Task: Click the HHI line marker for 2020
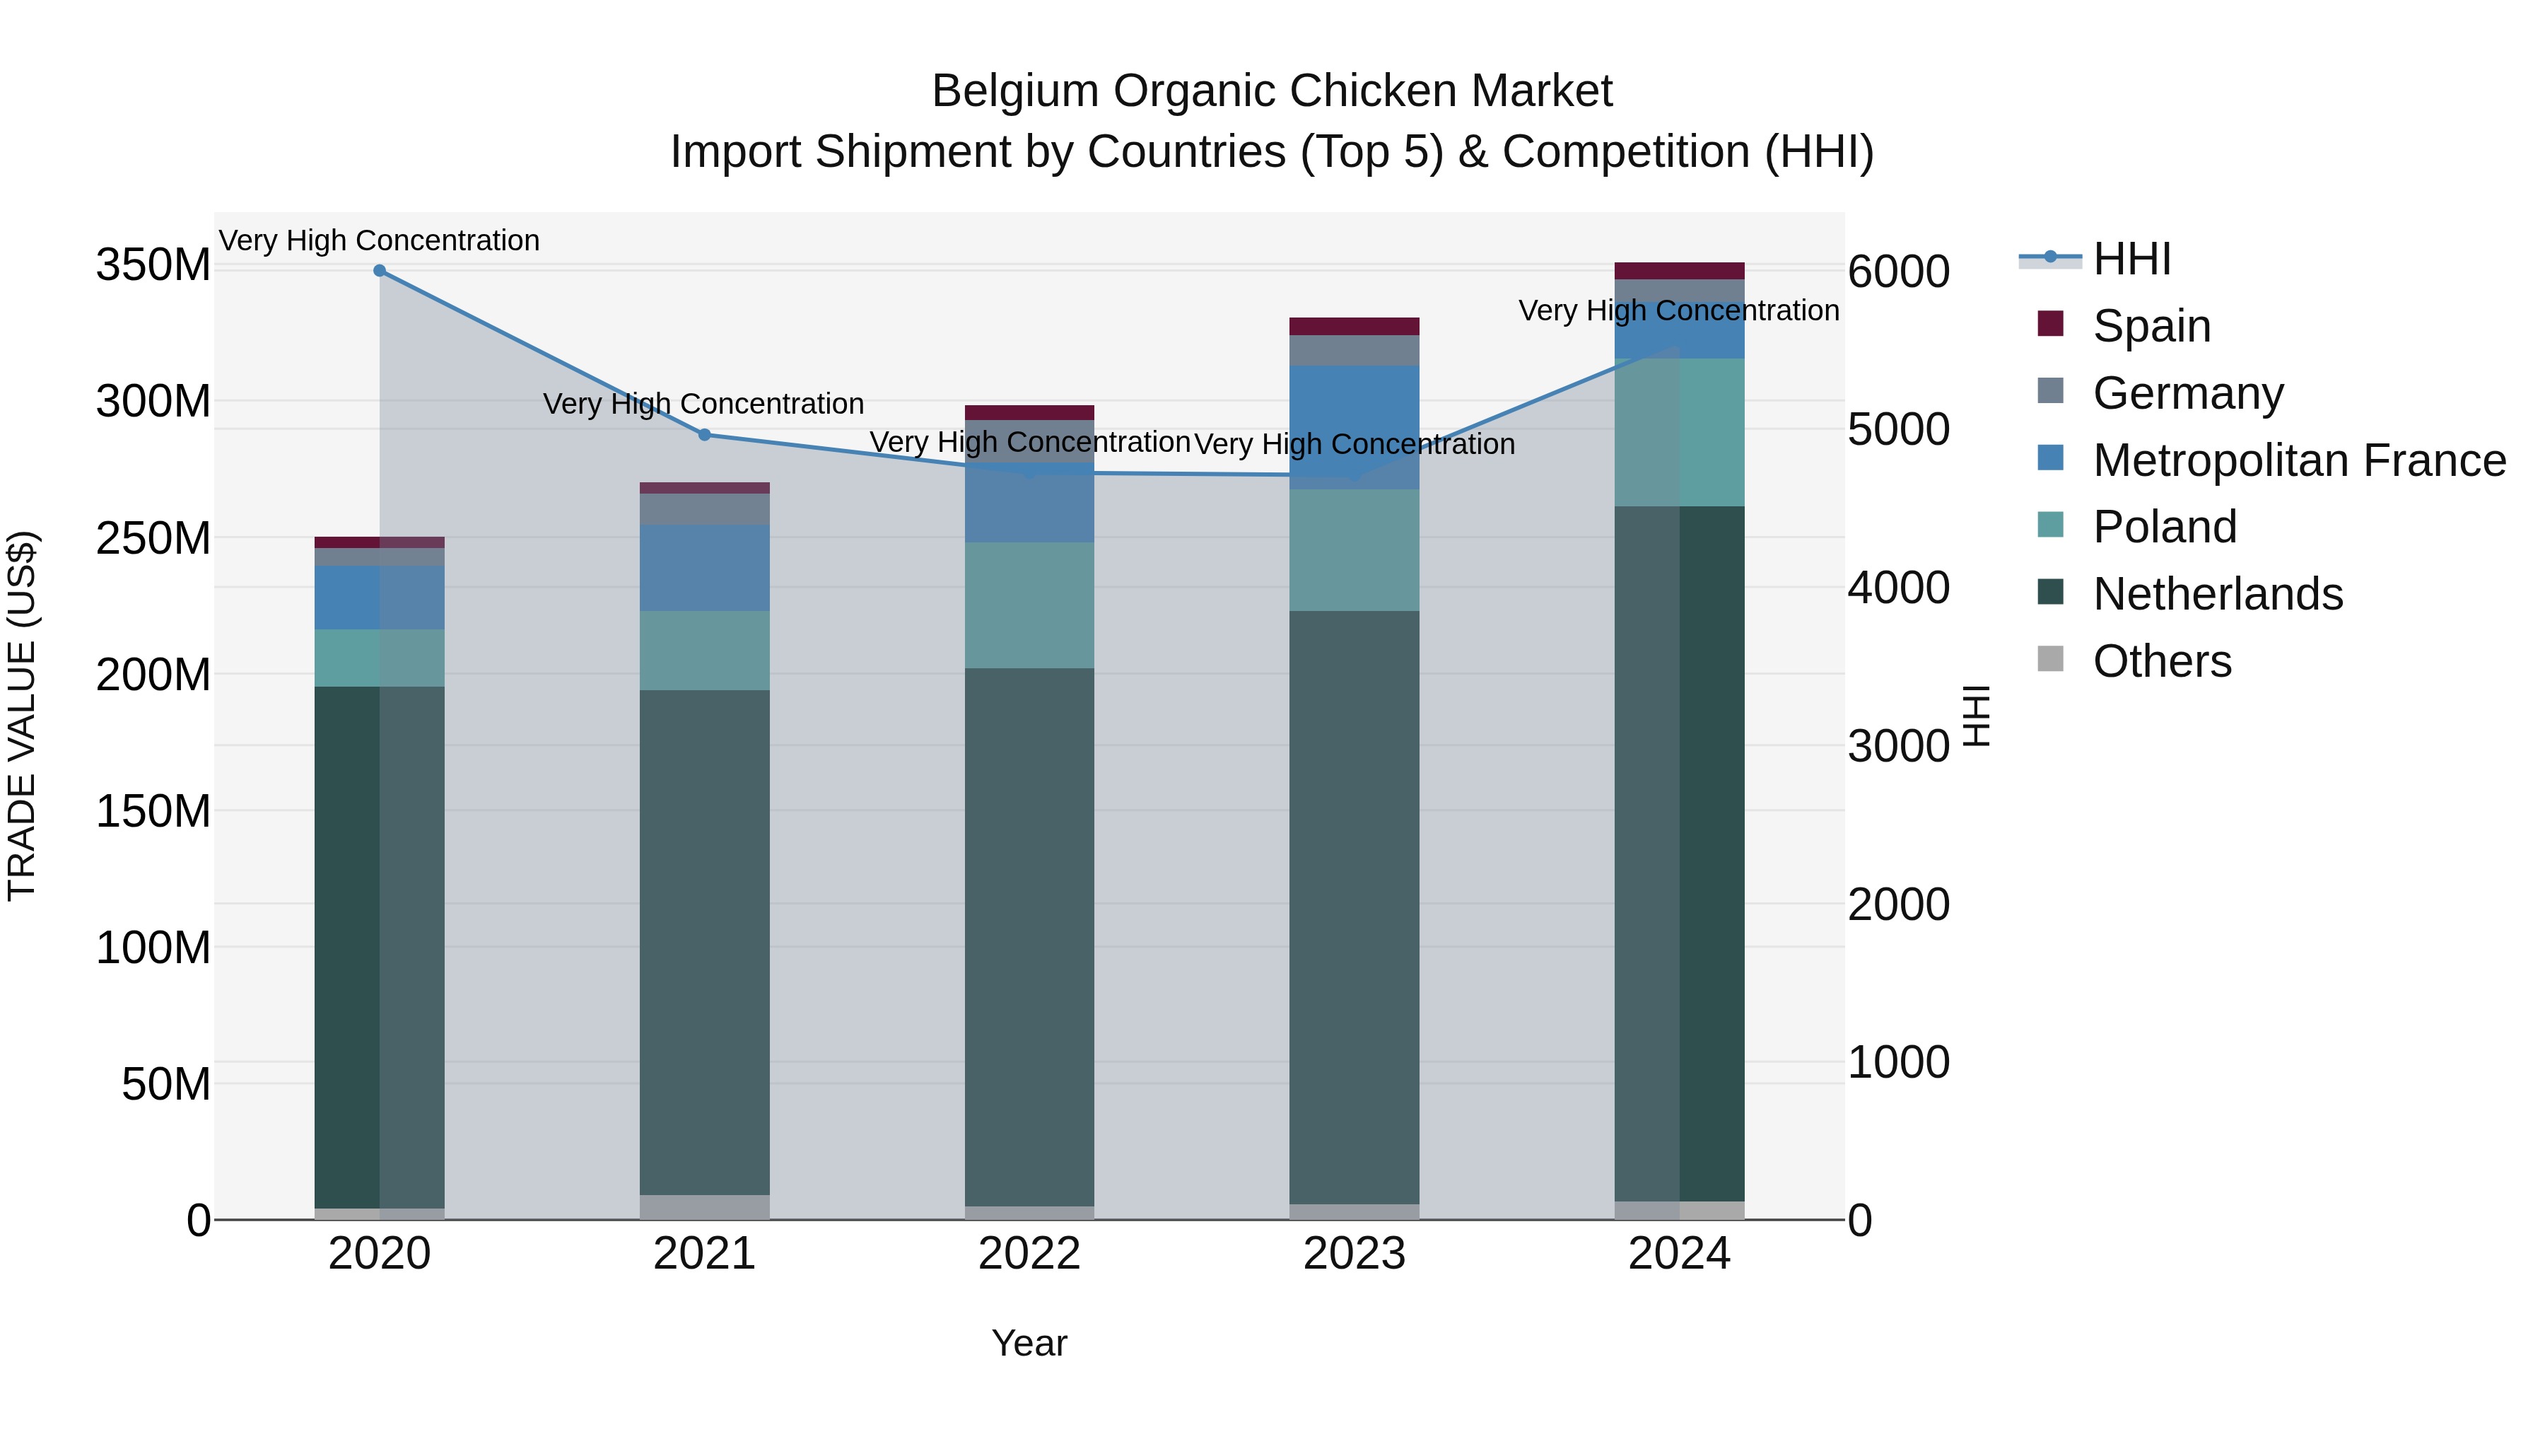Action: pos(380,270)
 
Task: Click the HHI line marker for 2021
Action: pos(704,435)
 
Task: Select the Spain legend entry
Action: pos(2151,326)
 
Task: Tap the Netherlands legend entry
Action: pos(2217,594)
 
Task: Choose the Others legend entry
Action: pos(2162,661)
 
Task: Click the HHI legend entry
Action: pos(2131,259)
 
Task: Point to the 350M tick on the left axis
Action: pos(153,265)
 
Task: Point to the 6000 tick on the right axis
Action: pos(1898,272)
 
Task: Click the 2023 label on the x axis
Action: pos(1354,1254)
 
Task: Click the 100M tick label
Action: pos(153,948)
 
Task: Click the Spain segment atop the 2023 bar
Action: pos(1354,326)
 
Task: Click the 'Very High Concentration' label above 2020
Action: pos(380,240)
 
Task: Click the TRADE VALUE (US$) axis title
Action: pos(22,716)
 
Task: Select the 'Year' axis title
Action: pos(1029,1343)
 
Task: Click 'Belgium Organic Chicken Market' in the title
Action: pos(1272,91)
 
